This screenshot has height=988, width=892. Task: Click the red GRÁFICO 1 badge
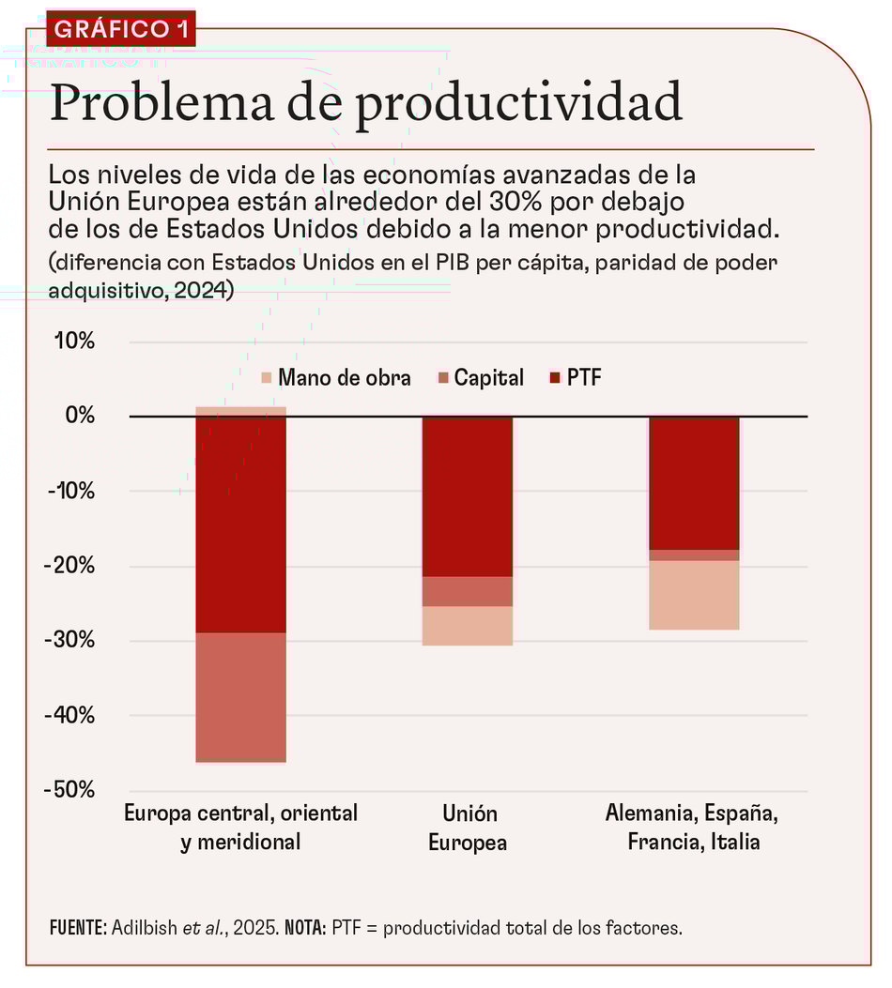[x=120, y=28]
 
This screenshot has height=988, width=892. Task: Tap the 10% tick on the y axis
[x=72, y=341]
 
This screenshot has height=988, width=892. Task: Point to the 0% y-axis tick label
[x=79, y=416]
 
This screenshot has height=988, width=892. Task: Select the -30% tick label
[x=69, y=641]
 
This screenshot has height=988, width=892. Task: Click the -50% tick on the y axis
[x=69, y=790]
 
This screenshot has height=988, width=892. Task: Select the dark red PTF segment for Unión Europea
[x=468, y=496]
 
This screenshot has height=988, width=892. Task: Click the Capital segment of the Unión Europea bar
[x=468, y=592]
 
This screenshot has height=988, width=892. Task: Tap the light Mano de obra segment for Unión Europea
[x=468, y=626]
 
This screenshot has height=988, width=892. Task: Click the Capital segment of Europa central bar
[x=240, y=696]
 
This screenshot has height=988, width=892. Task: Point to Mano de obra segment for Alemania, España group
[x=694, y=595]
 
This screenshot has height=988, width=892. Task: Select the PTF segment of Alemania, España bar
[x=694, y=482]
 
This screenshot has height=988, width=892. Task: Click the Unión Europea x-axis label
[x=468, y=828]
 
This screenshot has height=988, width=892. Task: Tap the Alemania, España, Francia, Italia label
[x=693, y=828]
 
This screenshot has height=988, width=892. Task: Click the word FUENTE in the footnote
[x=77, y=928]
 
